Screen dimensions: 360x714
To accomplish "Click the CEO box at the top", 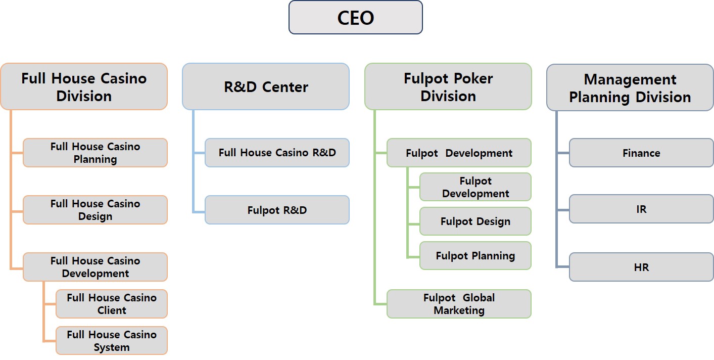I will click(355, 18).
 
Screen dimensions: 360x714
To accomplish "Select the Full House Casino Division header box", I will click(84, 86).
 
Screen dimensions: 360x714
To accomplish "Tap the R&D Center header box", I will click(266, 86).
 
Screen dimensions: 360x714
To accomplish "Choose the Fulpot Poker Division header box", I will click(448, 86).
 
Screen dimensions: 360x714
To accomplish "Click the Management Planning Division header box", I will click(630, 87).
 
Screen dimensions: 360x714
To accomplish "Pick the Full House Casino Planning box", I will click(95, 153).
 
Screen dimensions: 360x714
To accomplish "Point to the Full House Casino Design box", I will click(95, 210).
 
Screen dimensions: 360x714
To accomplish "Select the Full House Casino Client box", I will click(112, 304).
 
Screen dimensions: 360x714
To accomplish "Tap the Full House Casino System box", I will click(112, 341).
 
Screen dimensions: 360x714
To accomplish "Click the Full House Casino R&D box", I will click(277, 153).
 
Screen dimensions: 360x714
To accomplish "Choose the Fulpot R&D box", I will click(277, 210).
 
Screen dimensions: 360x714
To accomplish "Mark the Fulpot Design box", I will click(475, 221).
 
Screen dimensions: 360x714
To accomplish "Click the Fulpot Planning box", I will click(475, 256).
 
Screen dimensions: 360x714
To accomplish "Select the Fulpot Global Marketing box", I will click(459, 304).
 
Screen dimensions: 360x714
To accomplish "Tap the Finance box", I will click(641, 153).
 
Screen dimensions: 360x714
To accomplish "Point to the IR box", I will click(641, 209).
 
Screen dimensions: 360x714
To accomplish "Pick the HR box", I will click(641, 267).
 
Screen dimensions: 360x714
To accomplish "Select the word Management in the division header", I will click(630, 79).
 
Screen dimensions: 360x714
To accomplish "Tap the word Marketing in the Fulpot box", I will click(459, 310).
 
